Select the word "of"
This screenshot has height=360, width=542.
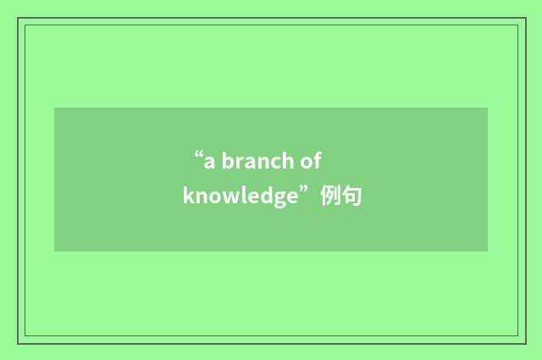click(x=311, y=160)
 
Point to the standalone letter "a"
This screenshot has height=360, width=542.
click(x=208, y=161)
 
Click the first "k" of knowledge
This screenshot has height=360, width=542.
click(x=187, y=196)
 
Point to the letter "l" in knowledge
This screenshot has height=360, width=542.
click(x=236, y=196)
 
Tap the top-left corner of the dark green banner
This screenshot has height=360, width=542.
click(x=55, y=108)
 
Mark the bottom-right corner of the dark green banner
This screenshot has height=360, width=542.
click(x=487, y=251)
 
